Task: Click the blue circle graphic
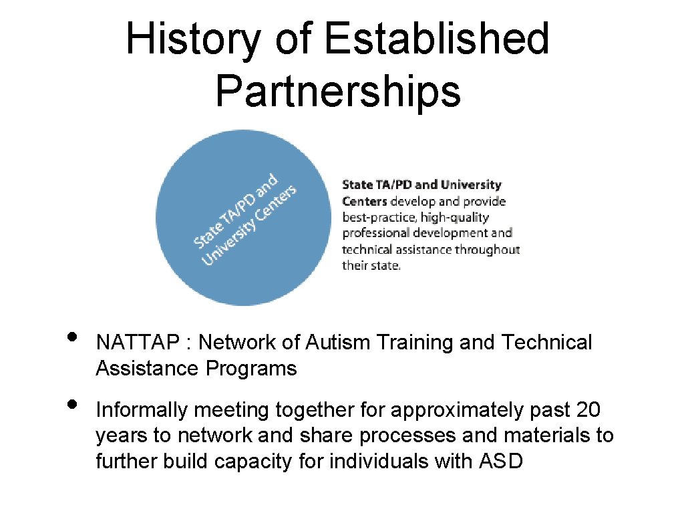click(244, 218)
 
